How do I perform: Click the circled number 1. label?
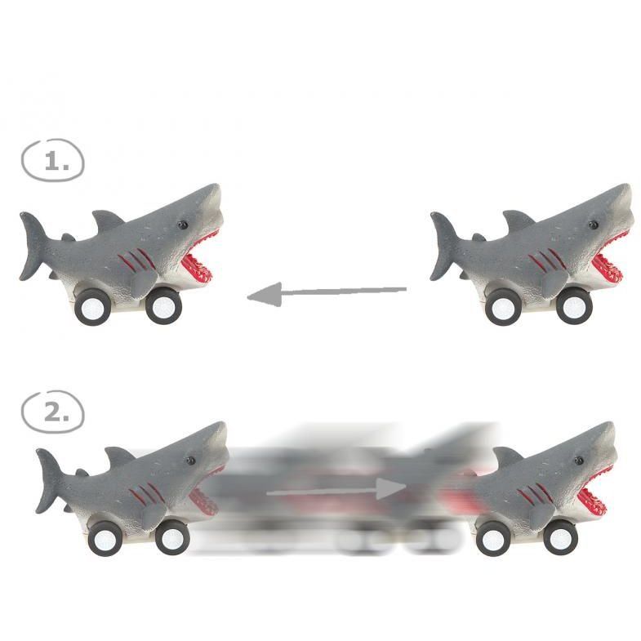[x=52, y=160]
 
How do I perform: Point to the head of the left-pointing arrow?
[x=264, y=294]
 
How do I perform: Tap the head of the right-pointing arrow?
[x=391, y=488]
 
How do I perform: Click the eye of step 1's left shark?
[x=181, y=225]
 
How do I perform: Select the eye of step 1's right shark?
[x=593, y=225]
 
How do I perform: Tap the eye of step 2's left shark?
[x=190, y=461]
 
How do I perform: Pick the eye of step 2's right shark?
[x=580, y=461]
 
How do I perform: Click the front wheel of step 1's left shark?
[x=163, y=305]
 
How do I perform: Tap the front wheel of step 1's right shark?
[x=574, y=306]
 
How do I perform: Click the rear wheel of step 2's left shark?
[x=105, y=539]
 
